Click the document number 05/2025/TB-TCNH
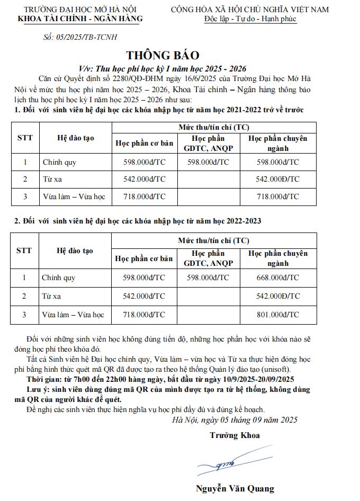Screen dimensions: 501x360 tap(79, 37)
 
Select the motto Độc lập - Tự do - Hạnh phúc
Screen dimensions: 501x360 tap(250, 19)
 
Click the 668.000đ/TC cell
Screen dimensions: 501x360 tap(278, 277)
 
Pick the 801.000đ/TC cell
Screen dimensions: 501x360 tap(278, 315)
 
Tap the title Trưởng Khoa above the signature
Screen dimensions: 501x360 tap(234, 435)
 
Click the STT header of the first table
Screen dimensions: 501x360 tap(25, 138)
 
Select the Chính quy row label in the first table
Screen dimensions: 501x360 tap(59, 162)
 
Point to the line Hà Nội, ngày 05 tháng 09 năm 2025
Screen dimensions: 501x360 tap(235, 420)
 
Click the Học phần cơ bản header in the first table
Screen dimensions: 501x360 tap(144, 143)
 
